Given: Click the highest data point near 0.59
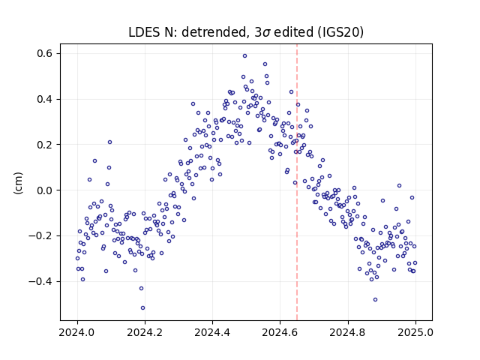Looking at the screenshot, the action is click(245, 56).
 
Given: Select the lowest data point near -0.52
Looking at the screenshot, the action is click(142, 308).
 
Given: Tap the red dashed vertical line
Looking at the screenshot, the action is click(297, 182).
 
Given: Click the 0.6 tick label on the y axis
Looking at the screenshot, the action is click(45, 53).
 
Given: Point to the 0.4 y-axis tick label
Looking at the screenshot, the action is click(45, 99).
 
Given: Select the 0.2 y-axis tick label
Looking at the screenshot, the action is click(45, 145).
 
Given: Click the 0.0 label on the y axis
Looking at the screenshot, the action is click(45, 190).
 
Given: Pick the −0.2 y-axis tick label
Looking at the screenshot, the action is click(40, 235).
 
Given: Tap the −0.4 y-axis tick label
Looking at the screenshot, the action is click(40, 281).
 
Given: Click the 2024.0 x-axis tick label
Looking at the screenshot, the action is click(77, 332).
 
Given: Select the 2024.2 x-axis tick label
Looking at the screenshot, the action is click(145, 332).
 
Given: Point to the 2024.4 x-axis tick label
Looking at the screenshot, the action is click(212, 332).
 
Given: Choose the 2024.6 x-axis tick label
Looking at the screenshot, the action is click(280, 332).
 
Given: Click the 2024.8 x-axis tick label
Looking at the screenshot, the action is click(348, 332).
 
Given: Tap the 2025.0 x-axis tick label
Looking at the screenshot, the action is click(415, 332).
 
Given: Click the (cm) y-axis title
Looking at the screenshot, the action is click(18, 183).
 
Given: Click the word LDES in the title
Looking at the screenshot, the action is click(142, 32).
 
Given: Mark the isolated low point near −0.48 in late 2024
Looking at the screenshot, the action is click(375, 300).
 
